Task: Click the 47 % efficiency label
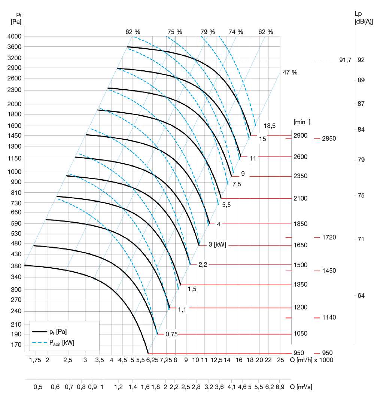click(x=290, y=73)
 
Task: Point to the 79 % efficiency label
click(x=208, y=32)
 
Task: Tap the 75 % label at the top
click(x=175, y=32)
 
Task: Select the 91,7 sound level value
click(x=345, y=60)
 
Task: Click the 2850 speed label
click(x=329, y=138)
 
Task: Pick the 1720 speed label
click(x=329, y=237)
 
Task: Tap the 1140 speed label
click(x=329, y=318)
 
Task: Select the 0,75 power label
click(x=171, y=335)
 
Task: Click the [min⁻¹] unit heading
click(x=302, y=122)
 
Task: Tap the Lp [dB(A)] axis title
click(x=363, y=18)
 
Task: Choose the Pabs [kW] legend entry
click(x=62, y=342)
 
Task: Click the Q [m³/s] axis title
click(x=306, y=386)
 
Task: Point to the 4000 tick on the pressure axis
click(x=14, y=36)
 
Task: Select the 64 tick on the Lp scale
click(x=361, y=296)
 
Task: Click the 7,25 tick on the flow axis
click(x=165, y=360)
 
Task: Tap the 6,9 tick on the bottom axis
click(x=280, y=386)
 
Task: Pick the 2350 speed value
click(x=301, y=176)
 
